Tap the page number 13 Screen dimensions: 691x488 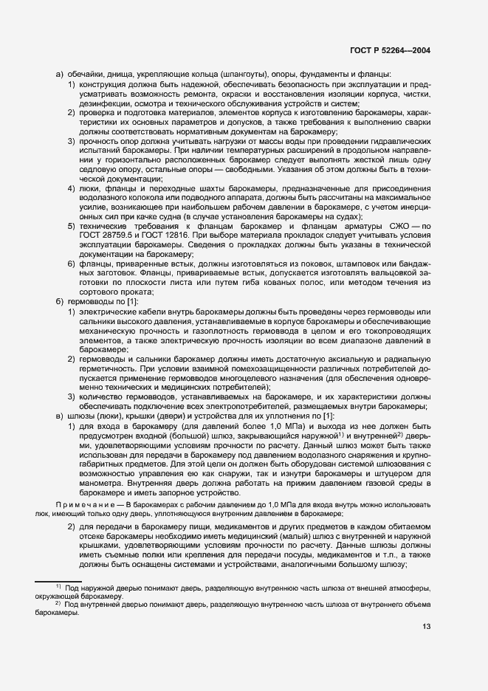click(426, 627)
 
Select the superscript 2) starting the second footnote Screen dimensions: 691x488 click(58, 602)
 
